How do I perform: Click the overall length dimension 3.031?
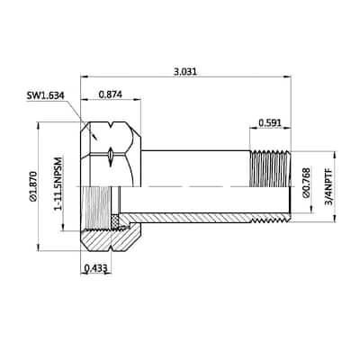[186, 69]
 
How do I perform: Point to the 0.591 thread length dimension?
[267, 122]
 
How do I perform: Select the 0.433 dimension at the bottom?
[95, 267]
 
